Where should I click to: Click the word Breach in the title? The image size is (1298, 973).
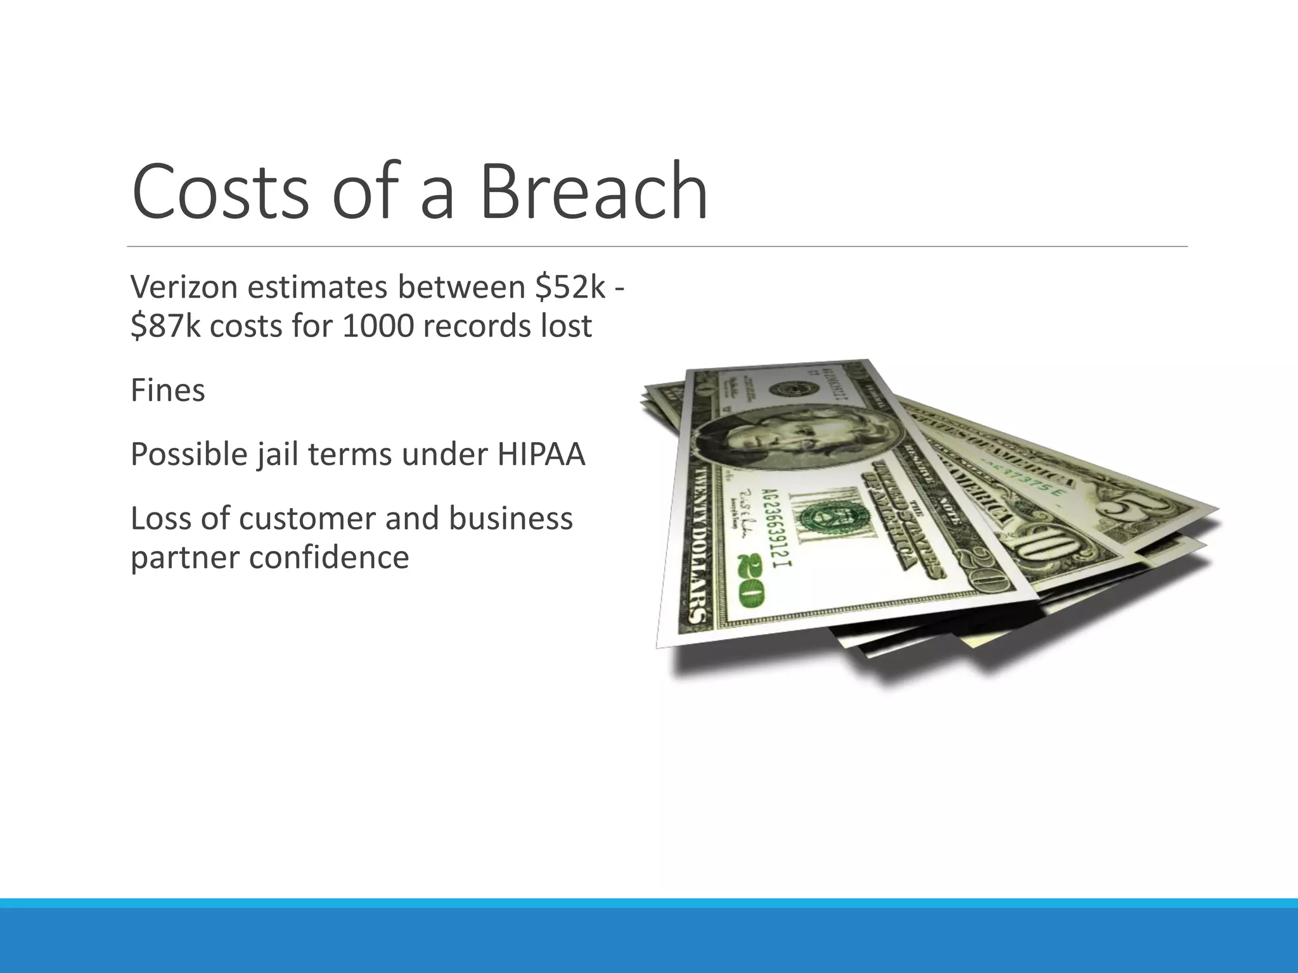[593, 191]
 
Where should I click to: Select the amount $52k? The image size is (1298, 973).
[570, 287]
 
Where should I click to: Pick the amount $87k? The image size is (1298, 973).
[166, 327]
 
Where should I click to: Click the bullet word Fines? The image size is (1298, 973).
[168, 390]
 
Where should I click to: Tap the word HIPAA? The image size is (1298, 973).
[541, 454]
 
